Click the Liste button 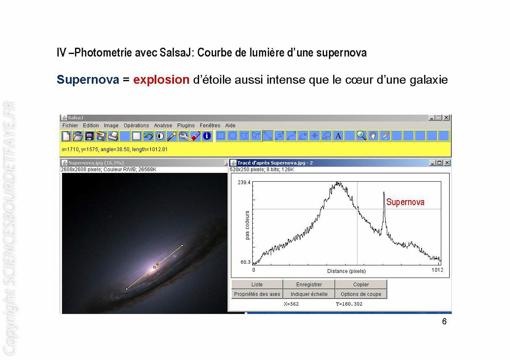(257, 284)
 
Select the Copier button (361, 284)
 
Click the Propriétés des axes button (257, 294)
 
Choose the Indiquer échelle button (309, 294)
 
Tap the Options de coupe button (361, 294)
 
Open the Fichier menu (70, 125)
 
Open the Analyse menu (163, 125)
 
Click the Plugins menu (186, 125)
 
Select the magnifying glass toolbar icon (361, 136)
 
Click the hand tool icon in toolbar (373, 136)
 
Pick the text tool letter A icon (338, 136)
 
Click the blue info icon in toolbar (207, 136)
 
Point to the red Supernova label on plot (405, 202)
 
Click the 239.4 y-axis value (244, 182)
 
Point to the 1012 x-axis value (437, 270)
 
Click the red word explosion (161, 80)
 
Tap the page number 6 (444, 321)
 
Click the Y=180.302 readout (349, 304)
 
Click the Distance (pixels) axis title (346, 271)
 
